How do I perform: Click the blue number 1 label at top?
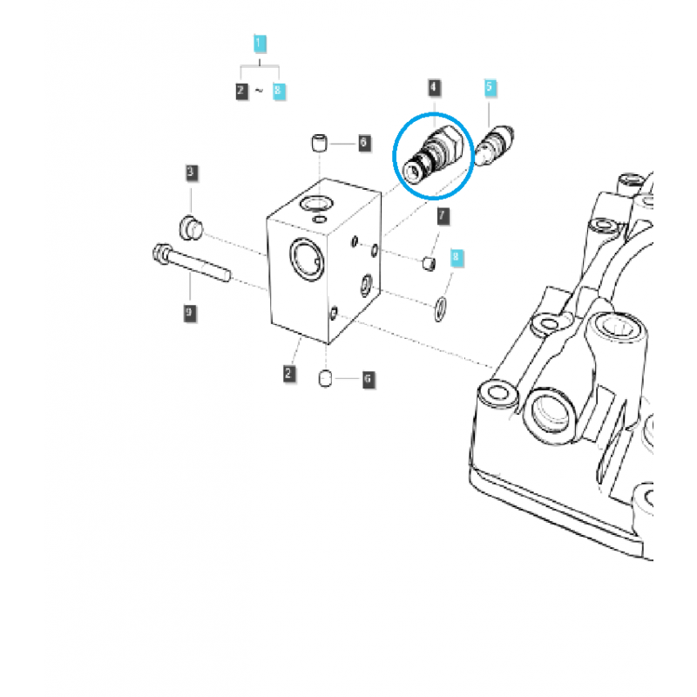pos(259,42)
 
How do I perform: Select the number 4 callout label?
pos(434,87)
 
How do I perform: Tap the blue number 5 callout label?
pos(490,87)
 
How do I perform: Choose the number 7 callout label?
pos(442,215)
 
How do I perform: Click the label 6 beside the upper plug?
pos(364,142)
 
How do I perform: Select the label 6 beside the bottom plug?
pos(367,379)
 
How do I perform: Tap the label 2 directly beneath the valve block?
pos(288,375)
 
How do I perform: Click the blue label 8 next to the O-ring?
pos(454,258)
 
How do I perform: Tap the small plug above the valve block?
pos(320,142)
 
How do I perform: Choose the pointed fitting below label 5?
pos(494,145)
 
